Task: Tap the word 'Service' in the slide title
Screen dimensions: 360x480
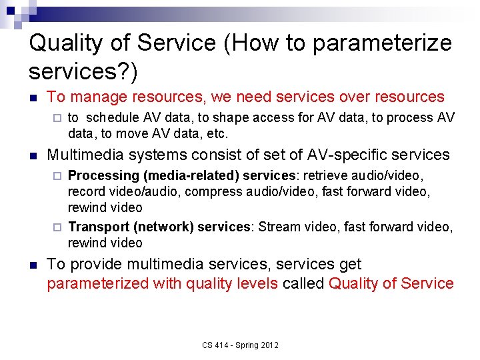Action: (176, 44)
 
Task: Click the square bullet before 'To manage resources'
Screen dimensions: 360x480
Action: (33, 97)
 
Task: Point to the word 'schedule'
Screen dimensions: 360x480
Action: (109, 118)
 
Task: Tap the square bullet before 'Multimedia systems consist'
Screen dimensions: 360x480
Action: (33, 155)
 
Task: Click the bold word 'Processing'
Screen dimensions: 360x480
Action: (103, 176)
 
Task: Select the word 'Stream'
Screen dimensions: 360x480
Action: (279, 227)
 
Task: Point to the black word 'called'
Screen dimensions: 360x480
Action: (303, 283)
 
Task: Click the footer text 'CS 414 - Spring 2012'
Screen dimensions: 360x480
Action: (240, 345)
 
